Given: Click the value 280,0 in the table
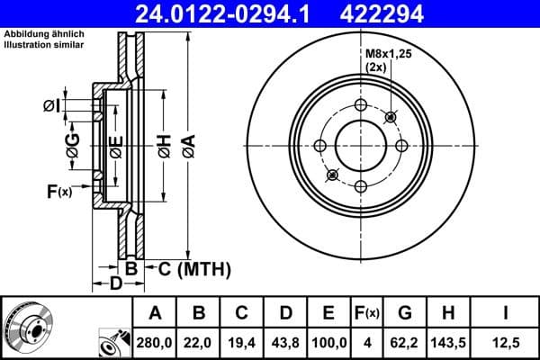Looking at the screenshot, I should [155, 343].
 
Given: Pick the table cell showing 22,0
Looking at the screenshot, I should [199, 343].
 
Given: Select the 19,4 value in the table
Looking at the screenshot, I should [242, 343].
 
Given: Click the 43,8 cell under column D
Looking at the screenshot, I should [285, 343].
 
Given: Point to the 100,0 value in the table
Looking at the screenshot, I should [328, 343].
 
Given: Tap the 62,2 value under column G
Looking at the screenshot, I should [405, 343].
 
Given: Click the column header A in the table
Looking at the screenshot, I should [155, 313].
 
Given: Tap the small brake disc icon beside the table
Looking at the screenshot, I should [24, 328].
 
